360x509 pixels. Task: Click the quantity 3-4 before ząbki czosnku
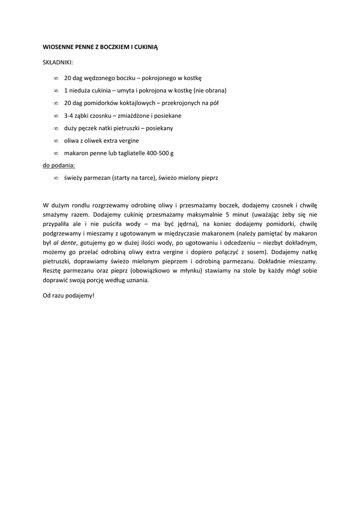(x=70, y=115)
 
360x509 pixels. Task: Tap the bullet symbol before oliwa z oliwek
(x=56, y=141)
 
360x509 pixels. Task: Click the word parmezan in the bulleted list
(x=95, y=177)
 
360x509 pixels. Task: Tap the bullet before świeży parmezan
(x=56, y=177)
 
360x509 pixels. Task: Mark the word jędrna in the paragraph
(x=185, y=224)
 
